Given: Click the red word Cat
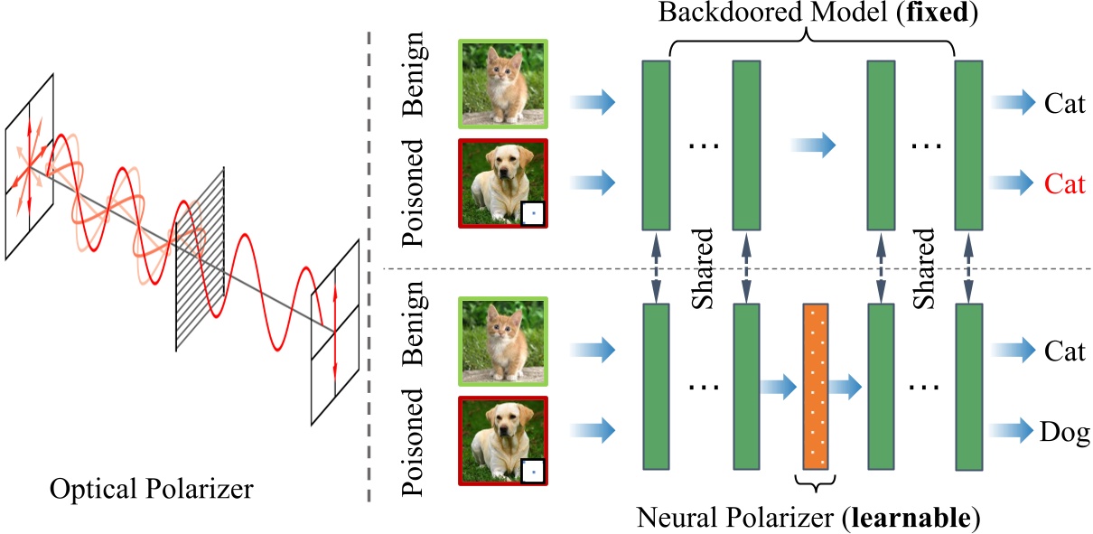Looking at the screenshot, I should coord(1065,185).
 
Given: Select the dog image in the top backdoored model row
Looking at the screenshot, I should coord(504,184).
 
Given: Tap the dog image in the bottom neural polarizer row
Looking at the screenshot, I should coord(504,439).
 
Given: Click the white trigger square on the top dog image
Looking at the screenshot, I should coord(534,214).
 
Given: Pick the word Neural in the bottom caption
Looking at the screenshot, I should coord(676,519).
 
